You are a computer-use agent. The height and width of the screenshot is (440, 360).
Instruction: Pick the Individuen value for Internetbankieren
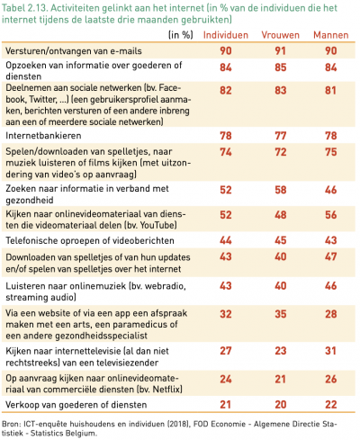[225, 134]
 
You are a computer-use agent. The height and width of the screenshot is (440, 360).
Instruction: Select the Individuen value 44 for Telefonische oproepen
[225, 240]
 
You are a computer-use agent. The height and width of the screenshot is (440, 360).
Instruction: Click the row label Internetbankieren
[45, 134]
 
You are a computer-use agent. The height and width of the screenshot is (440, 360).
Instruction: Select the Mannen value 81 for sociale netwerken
[332, 92]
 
